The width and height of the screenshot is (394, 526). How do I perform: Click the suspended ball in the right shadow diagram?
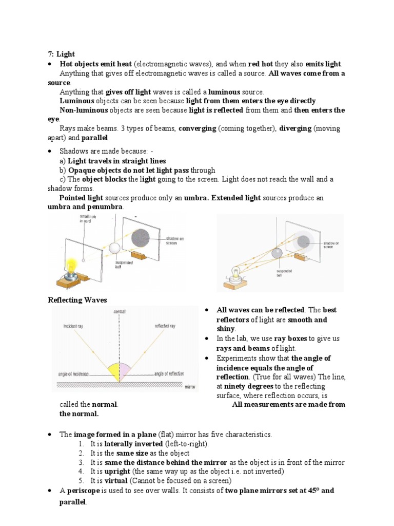[277, 253]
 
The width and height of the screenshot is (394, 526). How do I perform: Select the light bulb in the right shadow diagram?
[237, 273]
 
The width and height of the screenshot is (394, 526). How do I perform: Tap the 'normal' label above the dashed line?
[120, 311]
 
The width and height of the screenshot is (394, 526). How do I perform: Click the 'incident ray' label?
[76, 326]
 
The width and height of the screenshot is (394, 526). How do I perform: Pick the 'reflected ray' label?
[164, 326]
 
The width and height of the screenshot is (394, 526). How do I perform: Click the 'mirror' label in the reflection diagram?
[189, 385]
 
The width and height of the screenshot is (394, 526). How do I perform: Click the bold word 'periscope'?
[82, 491]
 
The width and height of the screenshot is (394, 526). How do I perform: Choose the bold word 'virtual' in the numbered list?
[116, 481]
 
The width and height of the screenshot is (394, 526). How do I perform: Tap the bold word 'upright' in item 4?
[117, 472]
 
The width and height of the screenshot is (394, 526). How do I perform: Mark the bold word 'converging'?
[197, 129]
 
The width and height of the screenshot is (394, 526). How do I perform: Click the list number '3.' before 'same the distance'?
[82, 462]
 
